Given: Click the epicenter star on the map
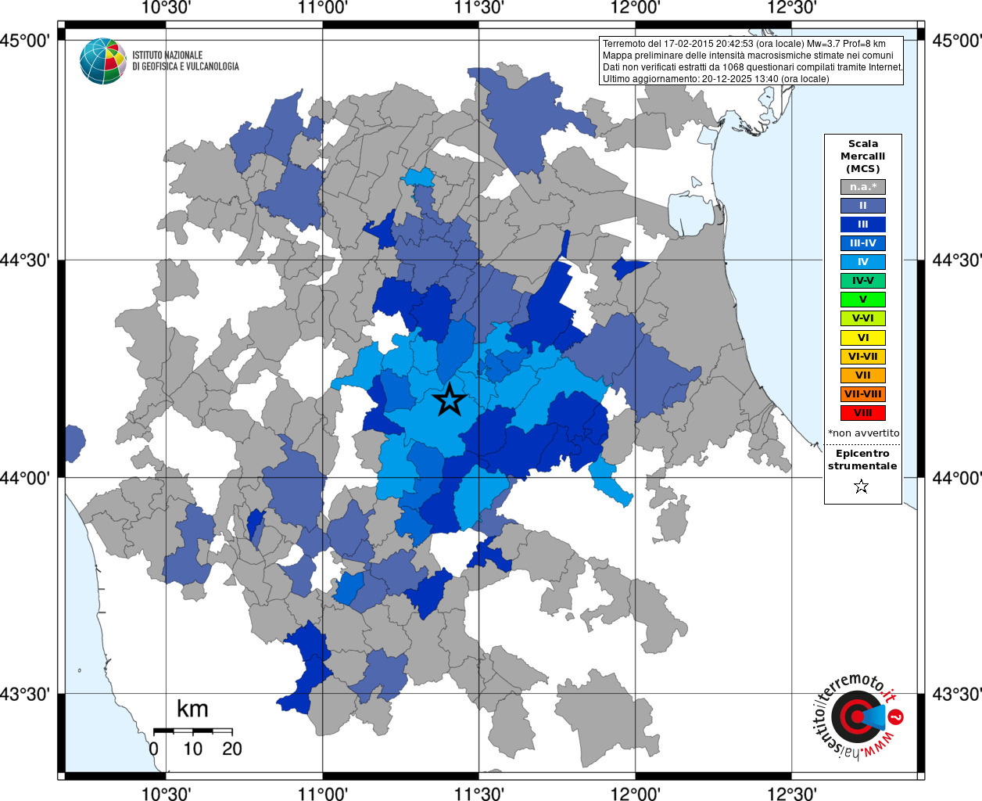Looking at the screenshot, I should point(450,400).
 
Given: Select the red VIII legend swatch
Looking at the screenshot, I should point(862,413).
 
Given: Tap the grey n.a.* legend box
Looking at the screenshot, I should point(862,187).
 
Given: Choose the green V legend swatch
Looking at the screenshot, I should point(862,300).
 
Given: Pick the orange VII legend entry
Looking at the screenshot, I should point(862,375).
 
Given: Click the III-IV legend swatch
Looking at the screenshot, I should point(862,243).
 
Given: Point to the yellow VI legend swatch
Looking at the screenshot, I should point(862,338).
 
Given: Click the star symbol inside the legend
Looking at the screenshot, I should point(862,487).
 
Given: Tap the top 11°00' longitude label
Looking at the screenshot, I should point(323,9).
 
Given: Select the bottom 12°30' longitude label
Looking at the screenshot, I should point(792,793).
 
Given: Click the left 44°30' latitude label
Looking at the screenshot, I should point(29,260).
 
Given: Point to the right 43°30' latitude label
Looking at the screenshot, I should point(954,695).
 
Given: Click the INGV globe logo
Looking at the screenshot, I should point(103,61).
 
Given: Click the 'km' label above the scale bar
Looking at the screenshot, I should point(192,709).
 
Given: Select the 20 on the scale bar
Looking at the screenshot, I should point(232,749).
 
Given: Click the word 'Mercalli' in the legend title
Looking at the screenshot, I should point(862,156).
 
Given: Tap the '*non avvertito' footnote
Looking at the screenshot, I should point(863,433).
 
